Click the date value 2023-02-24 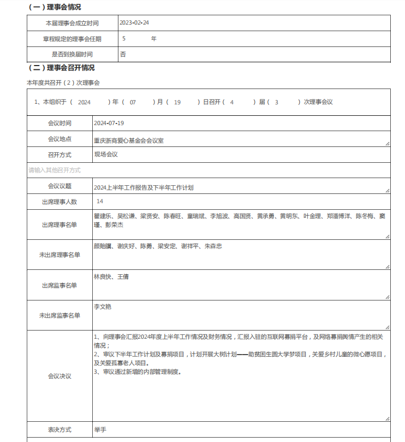pos(134,23)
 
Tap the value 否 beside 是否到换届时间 pos(123,54)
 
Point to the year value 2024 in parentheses pos(84,102)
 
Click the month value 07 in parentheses pos(133,102)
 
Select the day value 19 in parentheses pos(177,102)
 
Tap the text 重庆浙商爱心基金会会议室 pos(129,140)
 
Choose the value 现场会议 pos(106,155)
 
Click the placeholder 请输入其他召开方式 pos(55,170)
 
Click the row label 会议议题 pos(59,186)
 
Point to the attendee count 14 pos(100,202)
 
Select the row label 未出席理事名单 pos(59,255)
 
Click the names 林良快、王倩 pos(111,277)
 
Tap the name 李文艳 pos(103,307)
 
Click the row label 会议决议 pos(59,376)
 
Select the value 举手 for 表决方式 pos(100,430)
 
